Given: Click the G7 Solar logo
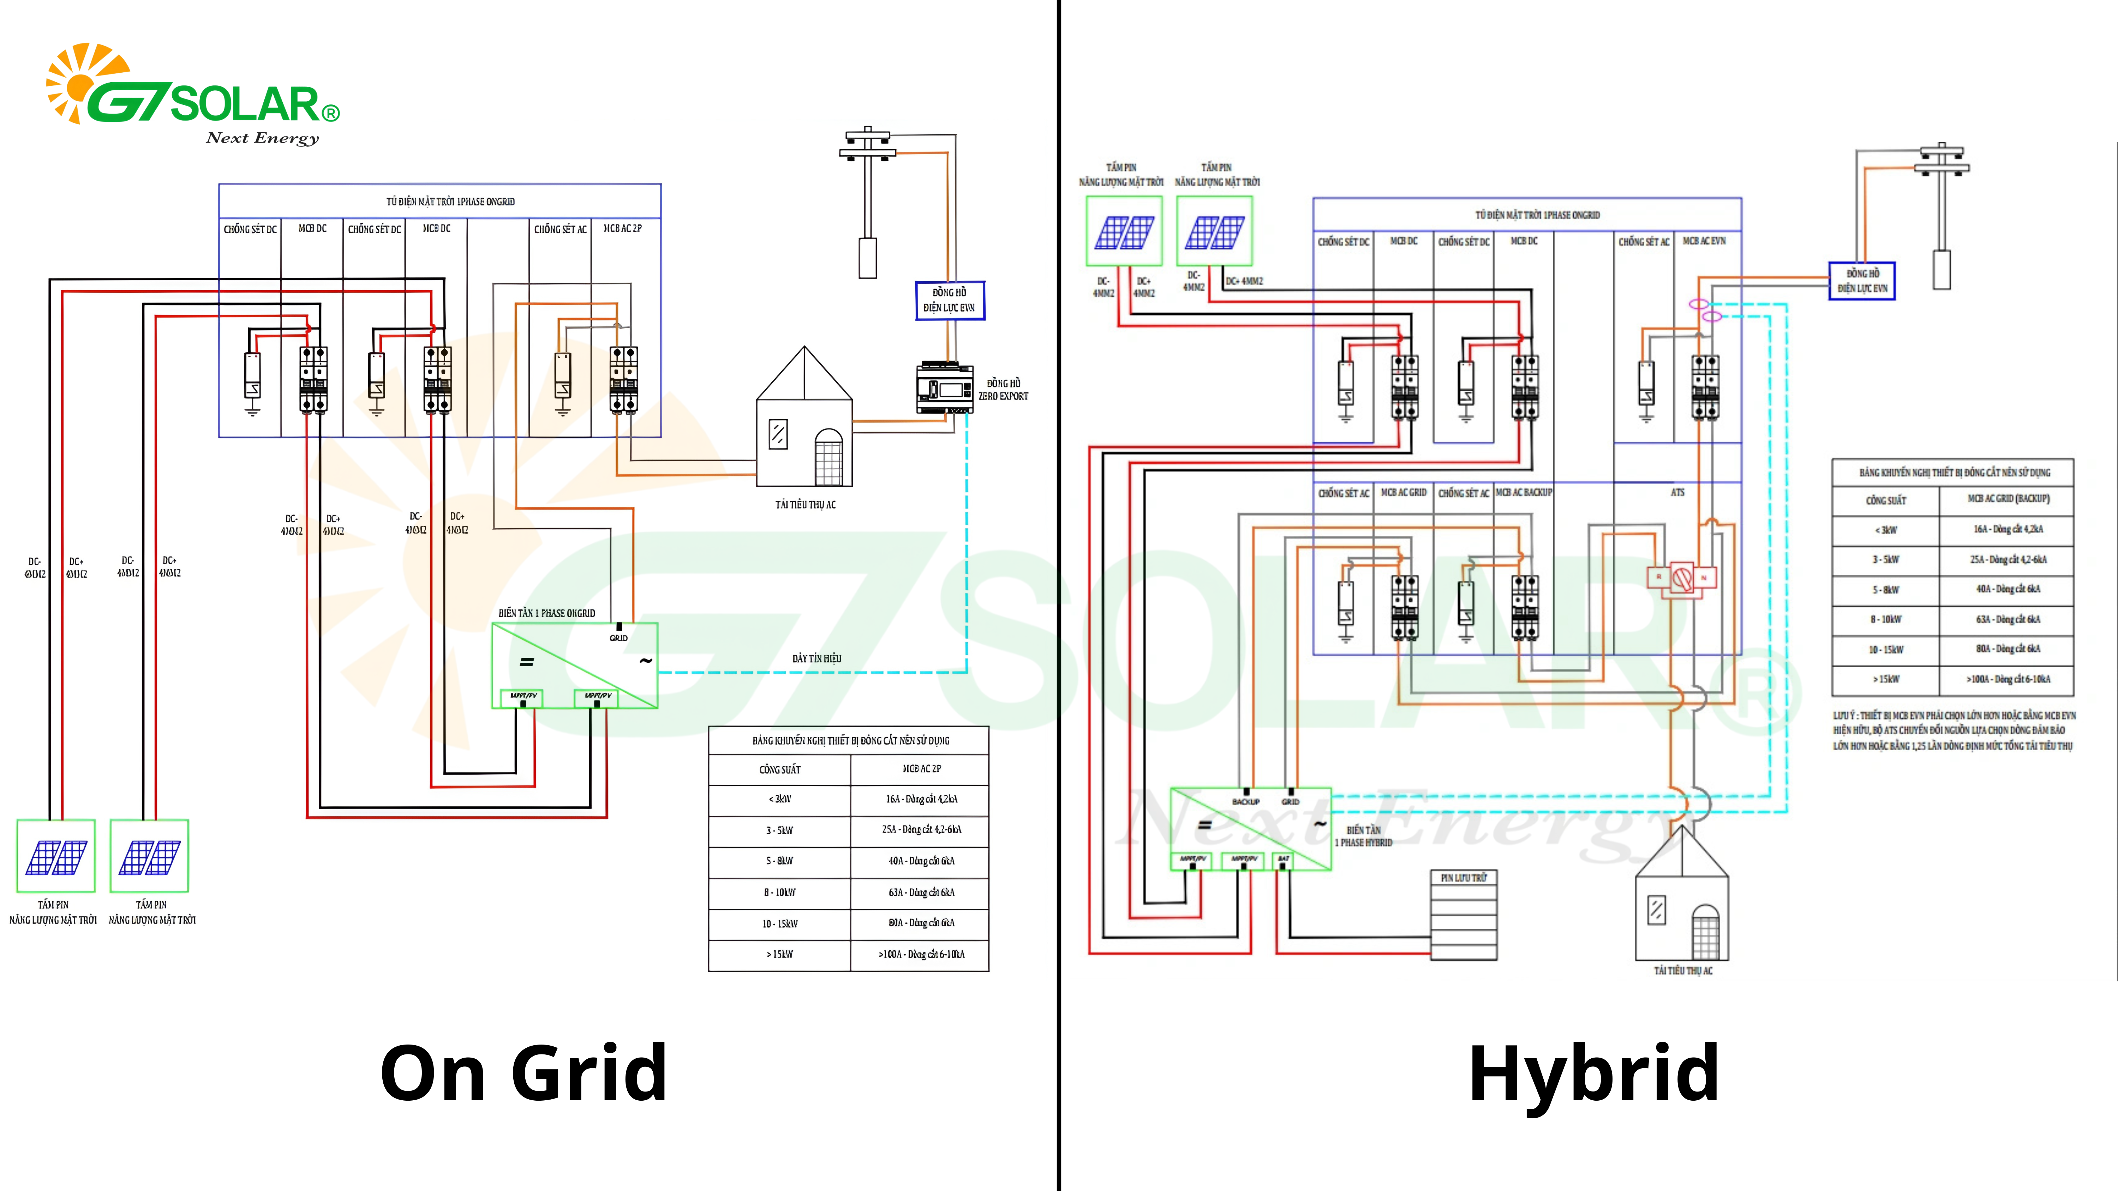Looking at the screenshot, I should [x=193, y=95].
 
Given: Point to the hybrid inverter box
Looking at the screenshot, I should [x=1250, y=829].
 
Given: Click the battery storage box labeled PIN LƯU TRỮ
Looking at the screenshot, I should [x=1464, y=915].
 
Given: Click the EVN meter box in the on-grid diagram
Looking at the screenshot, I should [x=950, y=300].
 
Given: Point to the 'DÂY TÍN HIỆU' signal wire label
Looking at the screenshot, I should [x=816, y=658].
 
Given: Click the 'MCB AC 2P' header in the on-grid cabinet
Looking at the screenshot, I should [x=622, y=229].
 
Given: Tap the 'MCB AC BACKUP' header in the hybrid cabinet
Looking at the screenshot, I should [x=1524, y=492].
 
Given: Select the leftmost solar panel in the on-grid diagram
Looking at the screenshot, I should [x=56, y=856].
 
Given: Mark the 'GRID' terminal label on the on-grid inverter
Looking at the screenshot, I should [x=618, y=638].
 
